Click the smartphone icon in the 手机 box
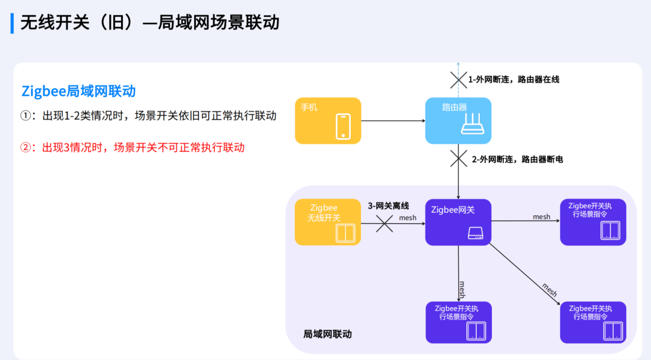[x=343, y=127]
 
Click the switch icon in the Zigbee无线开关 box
[x=346, y=233]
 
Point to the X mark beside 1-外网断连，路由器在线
[x=458, y=79]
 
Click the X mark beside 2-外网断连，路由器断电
[x=459, y=159]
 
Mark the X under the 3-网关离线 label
[x=385, y=223]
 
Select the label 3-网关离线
[x=388, y=206]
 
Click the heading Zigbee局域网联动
[x=78, y=92]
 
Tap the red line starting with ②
[x=133, y=147]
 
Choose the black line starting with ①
[x=148, y=116]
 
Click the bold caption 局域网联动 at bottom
[x=327, y=333]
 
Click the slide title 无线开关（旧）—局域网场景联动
[x=150, y=22]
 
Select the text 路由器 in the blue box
[x=454, y=107]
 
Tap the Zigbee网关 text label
[x=453, y=210]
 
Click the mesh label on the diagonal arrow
[x=549, y=289]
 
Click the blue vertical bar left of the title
[x=12, y=22]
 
